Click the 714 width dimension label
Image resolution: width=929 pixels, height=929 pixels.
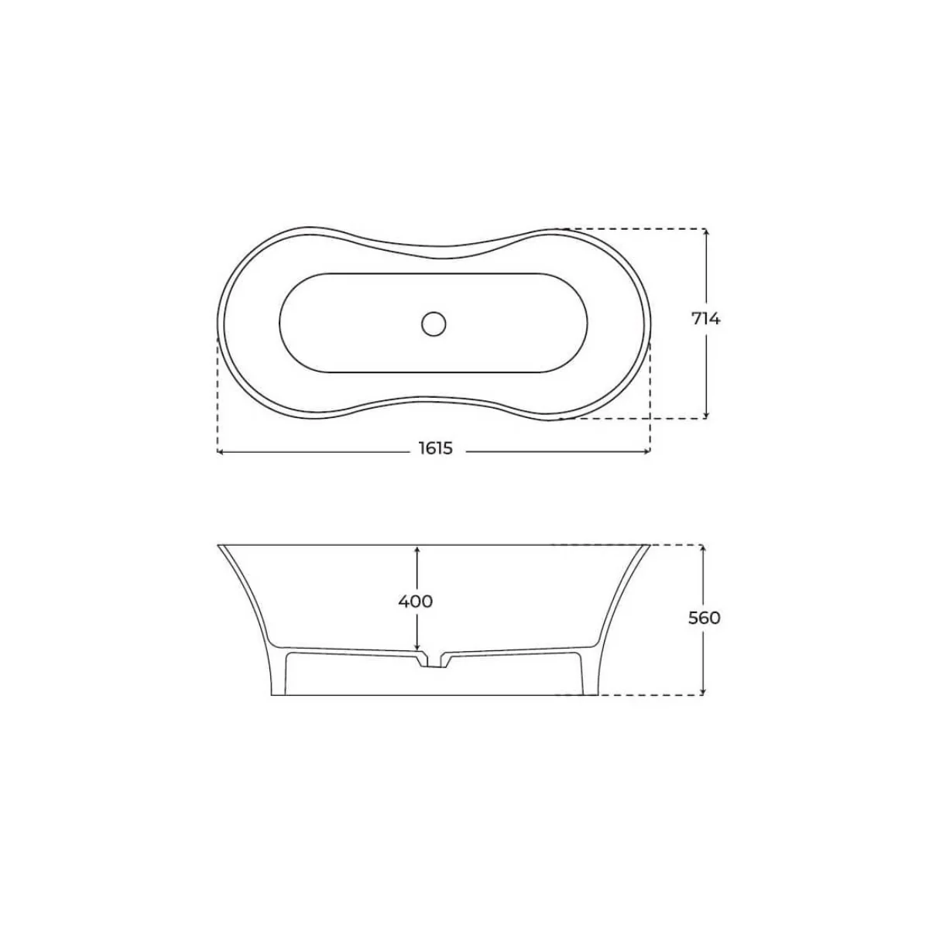(705, 319)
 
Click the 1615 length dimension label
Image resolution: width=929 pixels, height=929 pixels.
(436, 449)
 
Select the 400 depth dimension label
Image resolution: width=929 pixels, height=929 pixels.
(416, 601)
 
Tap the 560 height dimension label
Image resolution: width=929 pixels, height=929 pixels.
(704, 618)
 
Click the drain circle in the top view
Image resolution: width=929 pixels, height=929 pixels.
(434, 322)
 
